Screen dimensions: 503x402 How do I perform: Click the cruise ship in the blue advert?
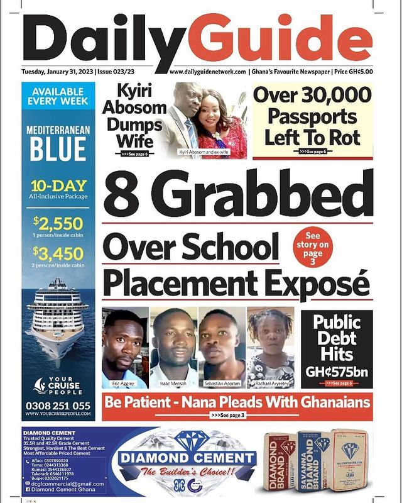pyautogui.click(x=57, y=314)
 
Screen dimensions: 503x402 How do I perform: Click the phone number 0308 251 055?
pyautogui.click(x=57, y=406)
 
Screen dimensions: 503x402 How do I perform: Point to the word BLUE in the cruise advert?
pyautogui.click(x=57, y=150)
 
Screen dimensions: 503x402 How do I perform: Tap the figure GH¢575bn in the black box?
pyautogui.click(x=337, y=371)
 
